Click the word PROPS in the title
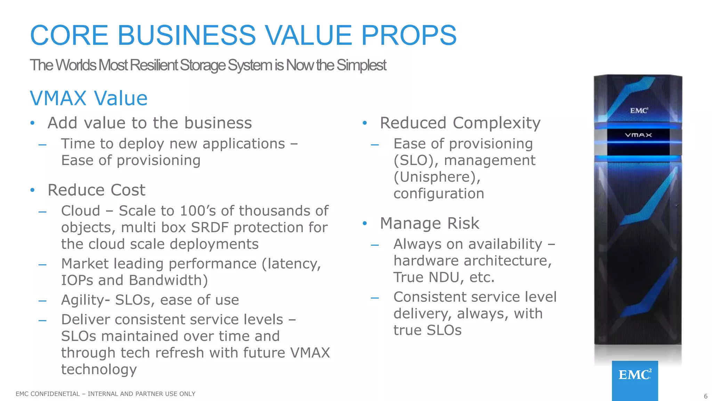408,35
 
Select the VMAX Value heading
89,98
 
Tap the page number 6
705,396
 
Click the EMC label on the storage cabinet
639,111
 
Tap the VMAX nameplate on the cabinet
638,135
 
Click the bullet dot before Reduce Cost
32,190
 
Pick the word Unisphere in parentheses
437,177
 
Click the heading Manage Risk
429,223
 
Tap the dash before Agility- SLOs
42,300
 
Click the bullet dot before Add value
32,123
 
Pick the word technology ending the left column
99,369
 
